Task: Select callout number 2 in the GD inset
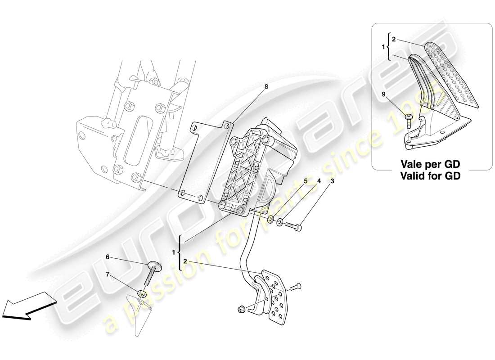pos(393,40)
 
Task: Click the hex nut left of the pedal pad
pos(241,309)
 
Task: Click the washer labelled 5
pos(270,219)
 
